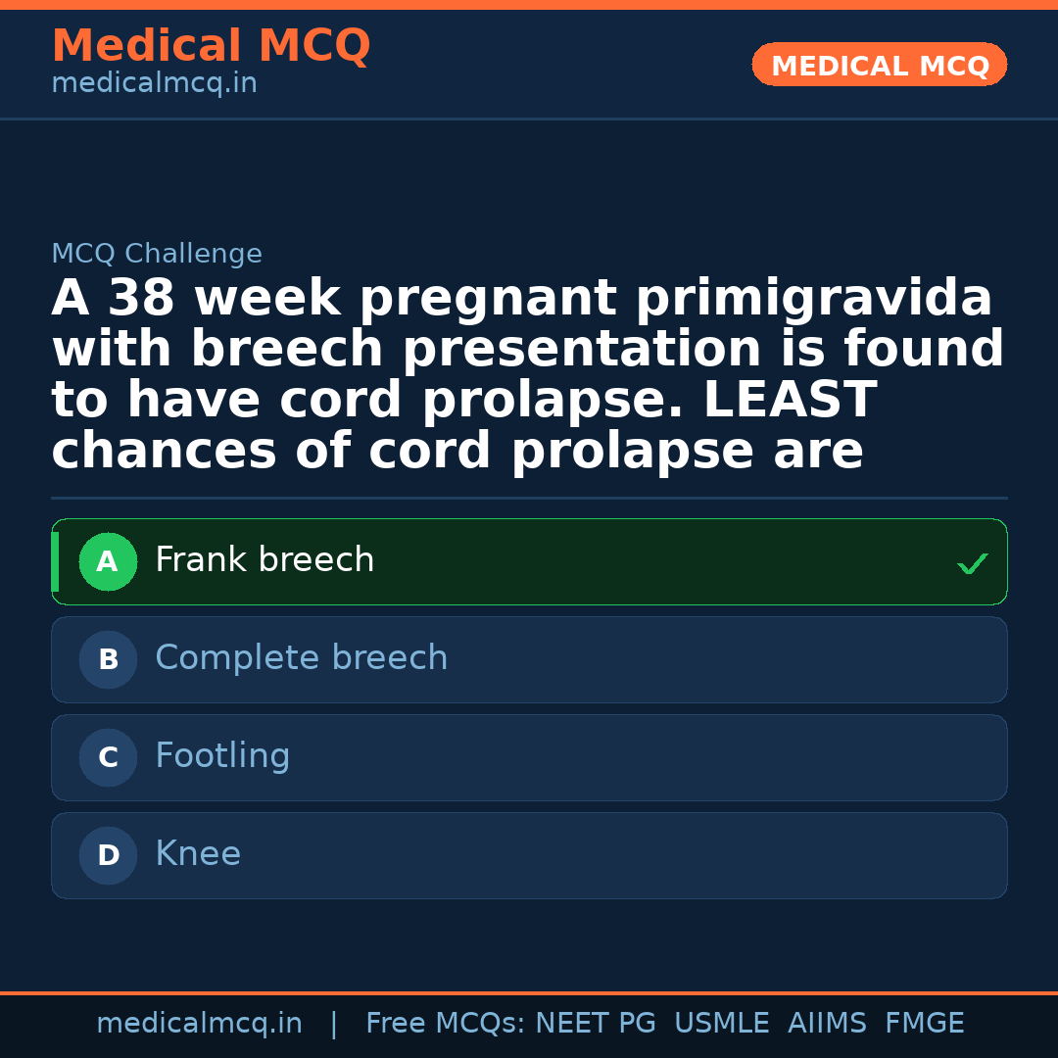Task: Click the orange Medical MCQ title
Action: pyautogui.click(x=211, y=46)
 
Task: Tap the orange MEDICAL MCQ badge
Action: pyautogui.click(x=880, y=66)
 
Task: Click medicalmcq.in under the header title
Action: pyautogui.click(x=154, y=84)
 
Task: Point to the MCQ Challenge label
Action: pyautogui.click(x=157, y=255)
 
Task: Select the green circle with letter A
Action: pyautogui.click(x=108, y=562)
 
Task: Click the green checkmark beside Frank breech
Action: pyautogui.click(x=972, y=564)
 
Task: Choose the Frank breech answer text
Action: pyautogui.click(x=264, y=560)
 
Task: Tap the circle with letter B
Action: pyautogui.click(x=108, y=660)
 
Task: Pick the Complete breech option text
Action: pyautogui.click(x=301, y=658)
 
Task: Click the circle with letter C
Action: pyautogui.click(x=108, y=758)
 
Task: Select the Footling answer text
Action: pyautogui.click(x=222, y=756)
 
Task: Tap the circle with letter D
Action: pyautogui.click(x=108, y=856)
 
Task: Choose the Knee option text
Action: pyautogui.click(x=198, y=854)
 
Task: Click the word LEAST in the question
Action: pyautogui.click(x=790, y=401)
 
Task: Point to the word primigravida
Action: pyautogui.click(x=813, y=299)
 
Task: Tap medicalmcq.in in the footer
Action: pyautogui.click(x=199, y=1024)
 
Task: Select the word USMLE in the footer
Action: pyautogui.click(x=721, y=1024)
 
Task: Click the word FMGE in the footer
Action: pyautogui.click(x=924, y=1024)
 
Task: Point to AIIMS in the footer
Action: pyautogui.click(x=827, y=1024)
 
